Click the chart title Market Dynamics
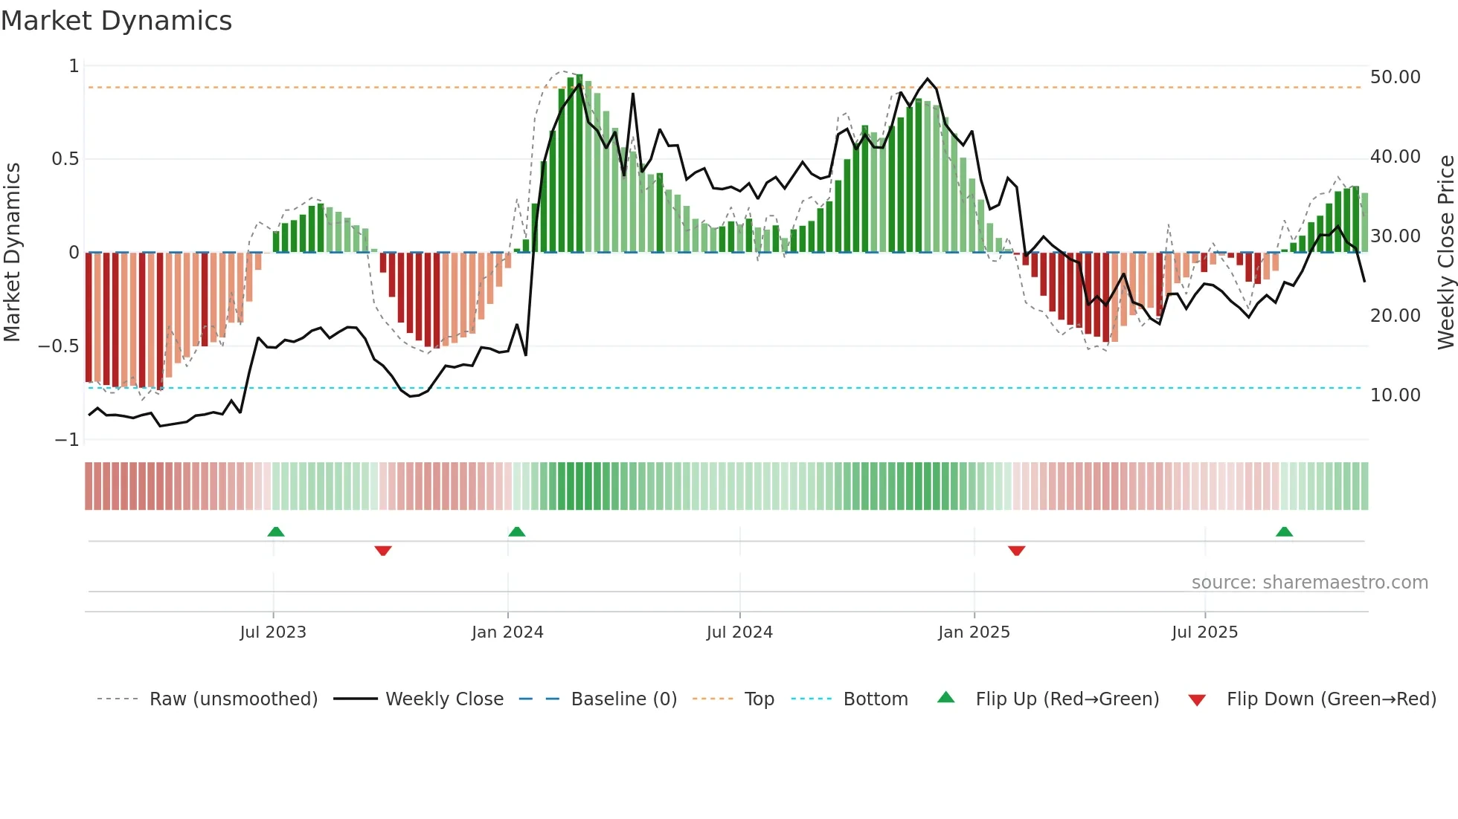click(x=116, y=21)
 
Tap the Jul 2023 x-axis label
click(x=273, y=632)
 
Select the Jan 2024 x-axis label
click(x=507, y=632)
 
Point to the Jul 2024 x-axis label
click(x=739, y=632)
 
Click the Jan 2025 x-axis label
click(x=974, y=632)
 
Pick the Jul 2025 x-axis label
click(x=1204, y=632)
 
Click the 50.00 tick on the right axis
click(x=1395, y=77)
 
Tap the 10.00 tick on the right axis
click(x=1395, y=395)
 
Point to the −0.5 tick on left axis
click(x=59, y=346)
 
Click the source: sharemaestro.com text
click(x=1309, y=583)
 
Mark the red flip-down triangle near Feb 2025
click(x=1016, y=551)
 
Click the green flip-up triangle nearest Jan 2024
click(x=517, y=532)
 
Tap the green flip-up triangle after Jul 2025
click(x=1284, y=532)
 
